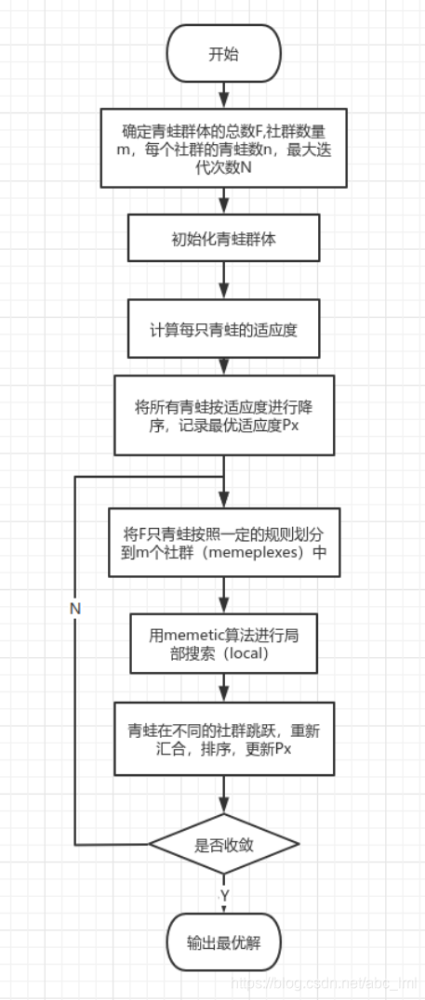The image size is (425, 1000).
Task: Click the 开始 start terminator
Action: coord(223,54)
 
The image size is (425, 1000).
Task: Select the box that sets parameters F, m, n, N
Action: coord(223,147)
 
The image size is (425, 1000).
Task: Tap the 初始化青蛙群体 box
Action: coord(223,239)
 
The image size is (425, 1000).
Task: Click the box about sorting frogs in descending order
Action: coord(223,414)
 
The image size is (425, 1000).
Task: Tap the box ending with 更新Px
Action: coord(223,739)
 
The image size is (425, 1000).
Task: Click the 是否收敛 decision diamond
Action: coord(223,844)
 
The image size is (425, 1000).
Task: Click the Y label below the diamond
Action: coord(224,894)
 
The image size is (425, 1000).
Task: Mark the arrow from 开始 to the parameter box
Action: coord(223,94)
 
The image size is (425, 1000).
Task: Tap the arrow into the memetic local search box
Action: coord(223,599)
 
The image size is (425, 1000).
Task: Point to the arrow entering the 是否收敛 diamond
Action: coord(223,795)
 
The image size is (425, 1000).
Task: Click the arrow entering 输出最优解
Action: coord(223,897)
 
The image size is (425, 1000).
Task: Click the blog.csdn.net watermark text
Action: coord(325,982)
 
